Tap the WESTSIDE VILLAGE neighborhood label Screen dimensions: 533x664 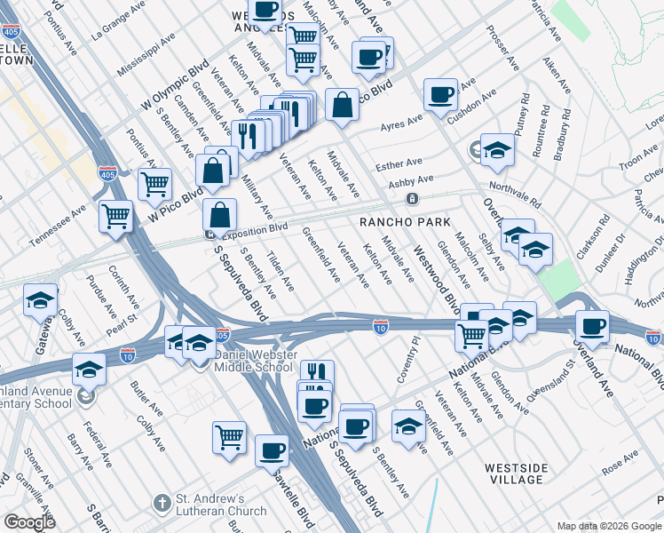(x=513, y=473)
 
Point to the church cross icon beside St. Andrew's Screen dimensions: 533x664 (x=161, y=504)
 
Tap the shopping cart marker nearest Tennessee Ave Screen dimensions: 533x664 (x=116, y=216)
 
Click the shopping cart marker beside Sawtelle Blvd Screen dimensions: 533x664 (x=229, y=437)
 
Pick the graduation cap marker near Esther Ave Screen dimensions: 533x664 (x=498, y=149)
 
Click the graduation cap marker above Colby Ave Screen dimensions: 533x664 (x=41, y=300)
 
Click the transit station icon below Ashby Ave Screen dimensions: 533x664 (x=412, y=198)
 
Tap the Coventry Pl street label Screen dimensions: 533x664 (x=414, y=359)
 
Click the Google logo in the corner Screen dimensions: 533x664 (x=29, y=521)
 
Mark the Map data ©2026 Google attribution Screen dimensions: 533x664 (x=608, y=526)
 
